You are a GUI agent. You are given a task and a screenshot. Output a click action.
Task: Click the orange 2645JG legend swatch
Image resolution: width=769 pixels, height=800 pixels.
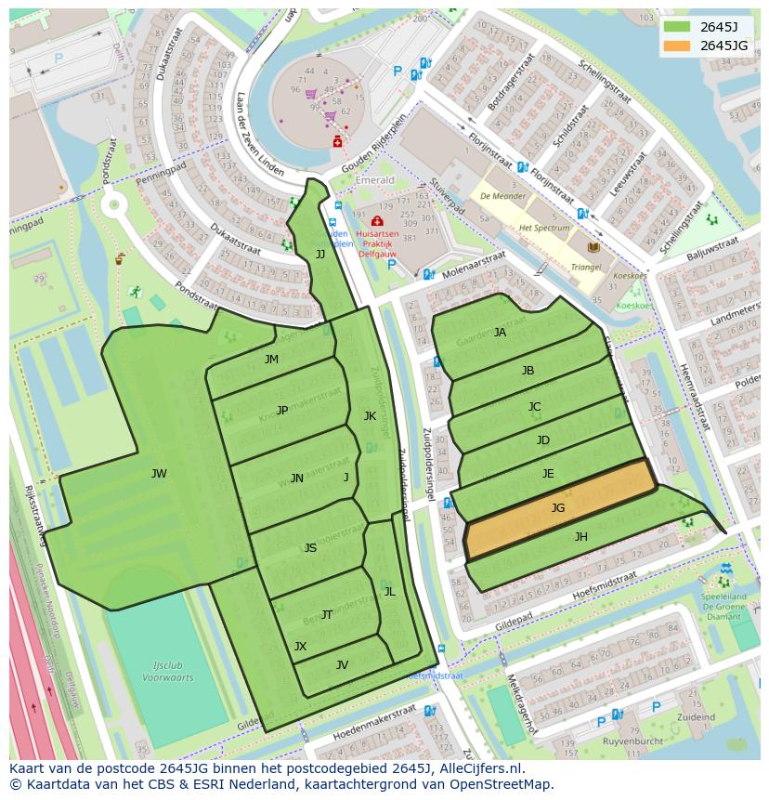(x=677, y=46)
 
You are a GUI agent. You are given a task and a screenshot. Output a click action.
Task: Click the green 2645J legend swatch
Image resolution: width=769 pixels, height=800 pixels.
(x=677, y=27)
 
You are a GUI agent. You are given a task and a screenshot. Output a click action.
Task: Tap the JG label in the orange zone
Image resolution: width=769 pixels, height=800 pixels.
(x=557, y=507)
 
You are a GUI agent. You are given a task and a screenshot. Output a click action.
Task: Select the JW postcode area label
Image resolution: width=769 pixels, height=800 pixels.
(x=159, y=474)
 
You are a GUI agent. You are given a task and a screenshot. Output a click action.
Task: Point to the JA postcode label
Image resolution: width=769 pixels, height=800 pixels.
(x=500, y=332)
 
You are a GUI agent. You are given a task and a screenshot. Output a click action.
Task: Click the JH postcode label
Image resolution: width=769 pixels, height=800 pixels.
(x=580, y=536)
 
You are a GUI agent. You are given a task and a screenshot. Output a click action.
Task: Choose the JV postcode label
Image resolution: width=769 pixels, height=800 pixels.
(x=342, y=664)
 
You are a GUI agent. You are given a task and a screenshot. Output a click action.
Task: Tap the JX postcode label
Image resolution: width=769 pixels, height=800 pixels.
(x=300, y=646)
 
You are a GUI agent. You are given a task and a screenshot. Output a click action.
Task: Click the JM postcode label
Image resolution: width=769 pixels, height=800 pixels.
(x=271, y=359)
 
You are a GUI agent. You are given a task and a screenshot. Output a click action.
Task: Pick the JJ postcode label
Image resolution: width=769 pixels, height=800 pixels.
(x=320, y=254)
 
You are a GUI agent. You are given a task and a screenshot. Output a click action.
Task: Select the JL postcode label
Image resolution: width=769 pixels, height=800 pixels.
(x=389, y=591)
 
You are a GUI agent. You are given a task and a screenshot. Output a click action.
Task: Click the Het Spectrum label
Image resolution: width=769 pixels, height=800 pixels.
(x=544, y=228)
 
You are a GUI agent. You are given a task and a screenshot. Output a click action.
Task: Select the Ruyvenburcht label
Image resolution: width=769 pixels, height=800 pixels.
(x=632, y=741)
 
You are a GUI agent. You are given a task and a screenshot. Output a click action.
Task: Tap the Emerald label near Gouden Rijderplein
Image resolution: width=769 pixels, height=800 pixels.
(x=375, y=180)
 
